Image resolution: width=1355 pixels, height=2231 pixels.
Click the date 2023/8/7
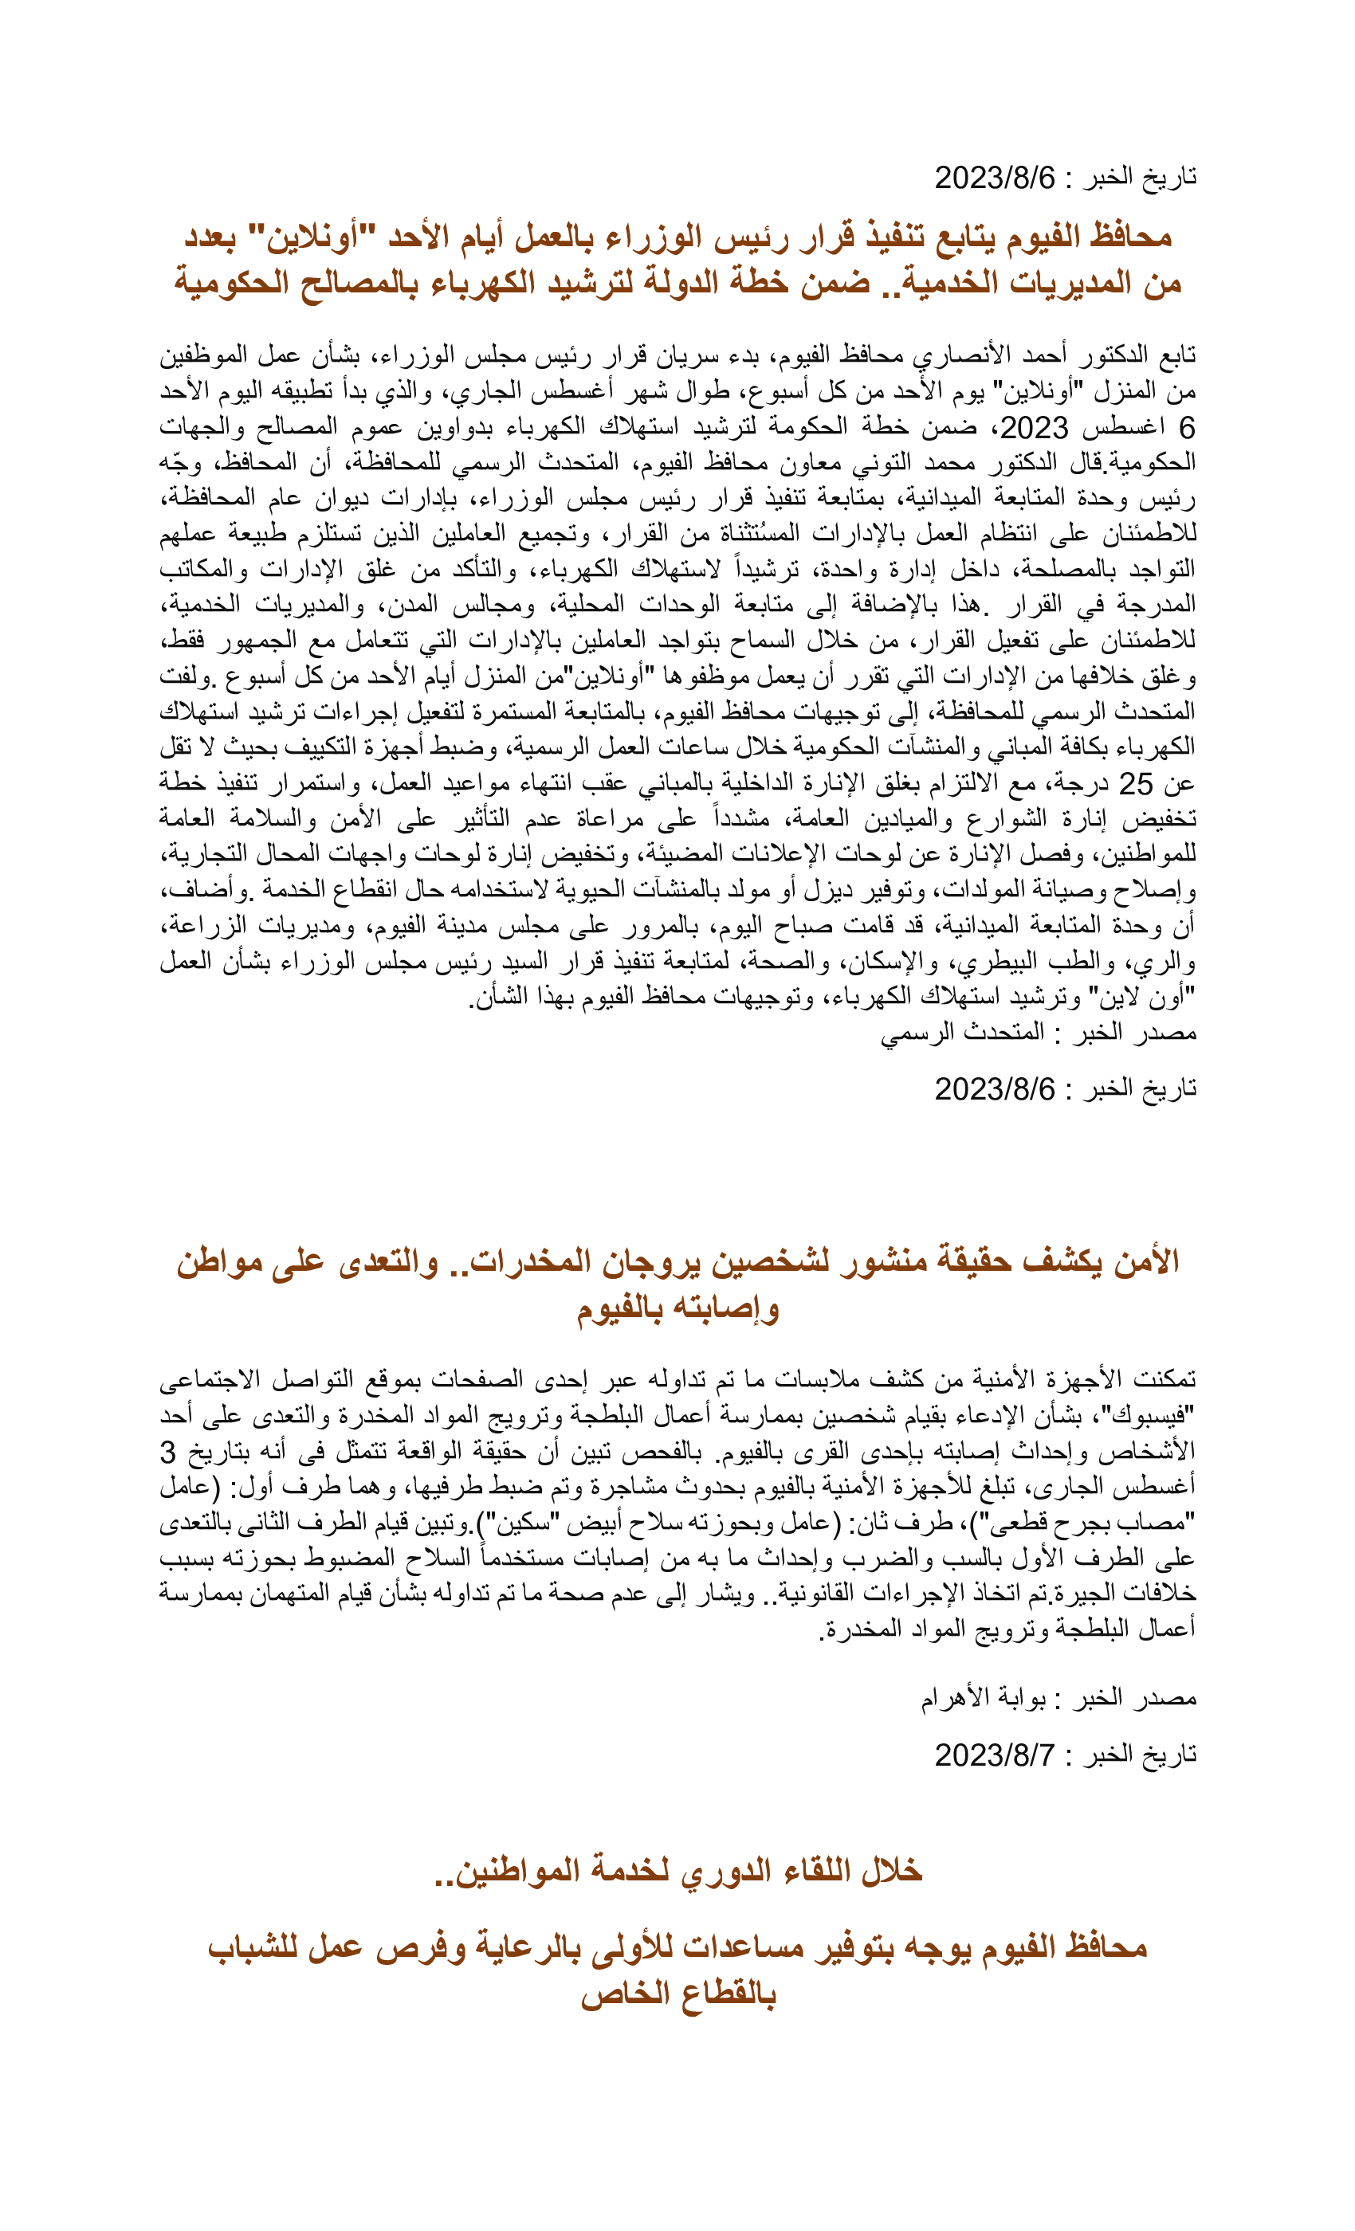994,1755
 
